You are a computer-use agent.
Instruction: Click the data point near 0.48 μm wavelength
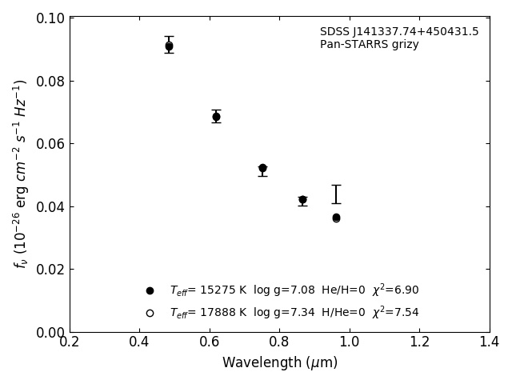click(x=169, y=46)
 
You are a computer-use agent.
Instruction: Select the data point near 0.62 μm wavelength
click(x=216, y=117)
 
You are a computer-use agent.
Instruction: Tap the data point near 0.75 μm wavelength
click(x=262, y=169)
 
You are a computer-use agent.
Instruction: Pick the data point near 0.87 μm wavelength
click(x=302, y=200)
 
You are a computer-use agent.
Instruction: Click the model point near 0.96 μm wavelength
click(x=336, y=218)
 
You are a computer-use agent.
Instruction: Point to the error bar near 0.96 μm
click(x=336, y=194)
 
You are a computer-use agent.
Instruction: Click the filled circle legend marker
click(x=150, y=290)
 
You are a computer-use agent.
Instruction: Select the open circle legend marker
click(x=150, y=313)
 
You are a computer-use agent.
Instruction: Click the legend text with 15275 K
click(x=294, y=290)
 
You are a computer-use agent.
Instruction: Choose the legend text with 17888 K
click(x=294, y=313)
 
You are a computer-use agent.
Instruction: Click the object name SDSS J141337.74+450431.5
click(x=399, y=32)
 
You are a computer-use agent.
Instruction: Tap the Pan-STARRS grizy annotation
click(x=369, y=45)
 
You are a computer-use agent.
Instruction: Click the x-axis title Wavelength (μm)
click(x=280, y=363)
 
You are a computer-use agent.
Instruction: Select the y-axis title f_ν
click(x=21, y=174)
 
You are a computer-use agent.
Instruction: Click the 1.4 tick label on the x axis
click(x=489, y=342)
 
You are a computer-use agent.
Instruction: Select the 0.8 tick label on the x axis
click(x=279, y=342)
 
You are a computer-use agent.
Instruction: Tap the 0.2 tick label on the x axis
click(x=70, y=342)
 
